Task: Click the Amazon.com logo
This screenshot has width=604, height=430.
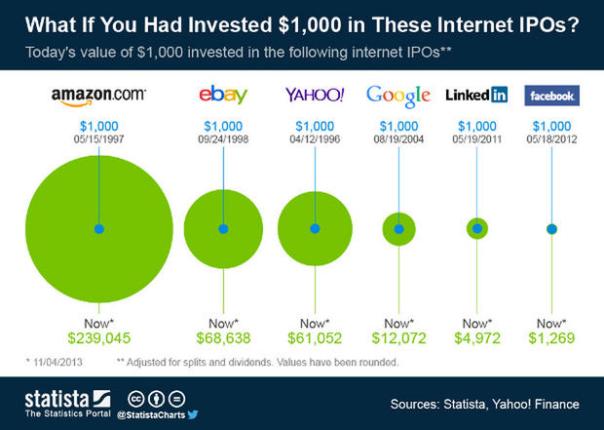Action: tap(98, 96)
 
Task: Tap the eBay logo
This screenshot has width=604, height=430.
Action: tap(222, 96)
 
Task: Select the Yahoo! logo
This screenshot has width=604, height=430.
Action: tap(314, 96)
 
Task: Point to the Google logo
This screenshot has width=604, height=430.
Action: tap(397, 96)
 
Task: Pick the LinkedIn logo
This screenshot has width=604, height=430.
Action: tap(476, 96)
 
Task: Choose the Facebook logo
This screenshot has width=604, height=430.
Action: tap(552, 96)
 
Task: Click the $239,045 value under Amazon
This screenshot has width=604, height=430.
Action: tap(98, 338)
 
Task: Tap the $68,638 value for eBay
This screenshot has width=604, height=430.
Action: tap(222, 338)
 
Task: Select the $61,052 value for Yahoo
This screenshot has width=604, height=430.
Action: tap(314, 338)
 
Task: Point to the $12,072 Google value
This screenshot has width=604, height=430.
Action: tap(397, 338)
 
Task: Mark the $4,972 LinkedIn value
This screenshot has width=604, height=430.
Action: tap(476, 338)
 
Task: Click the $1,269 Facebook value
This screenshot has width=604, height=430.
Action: tap(552, 338)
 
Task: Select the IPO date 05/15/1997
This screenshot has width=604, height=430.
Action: tap(98, 138)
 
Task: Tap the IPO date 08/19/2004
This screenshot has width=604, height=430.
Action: tap(397, 138)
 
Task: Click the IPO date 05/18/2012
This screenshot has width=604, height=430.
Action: tap(552, 138)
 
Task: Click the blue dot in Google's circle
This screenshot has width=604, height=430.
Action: tap(397, 228)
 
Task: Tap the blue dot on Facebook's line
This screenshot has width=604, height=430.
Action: tap(552, 228)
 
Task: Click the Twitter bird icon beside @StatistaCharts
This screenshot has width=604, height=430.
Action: tap(193, 414)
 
